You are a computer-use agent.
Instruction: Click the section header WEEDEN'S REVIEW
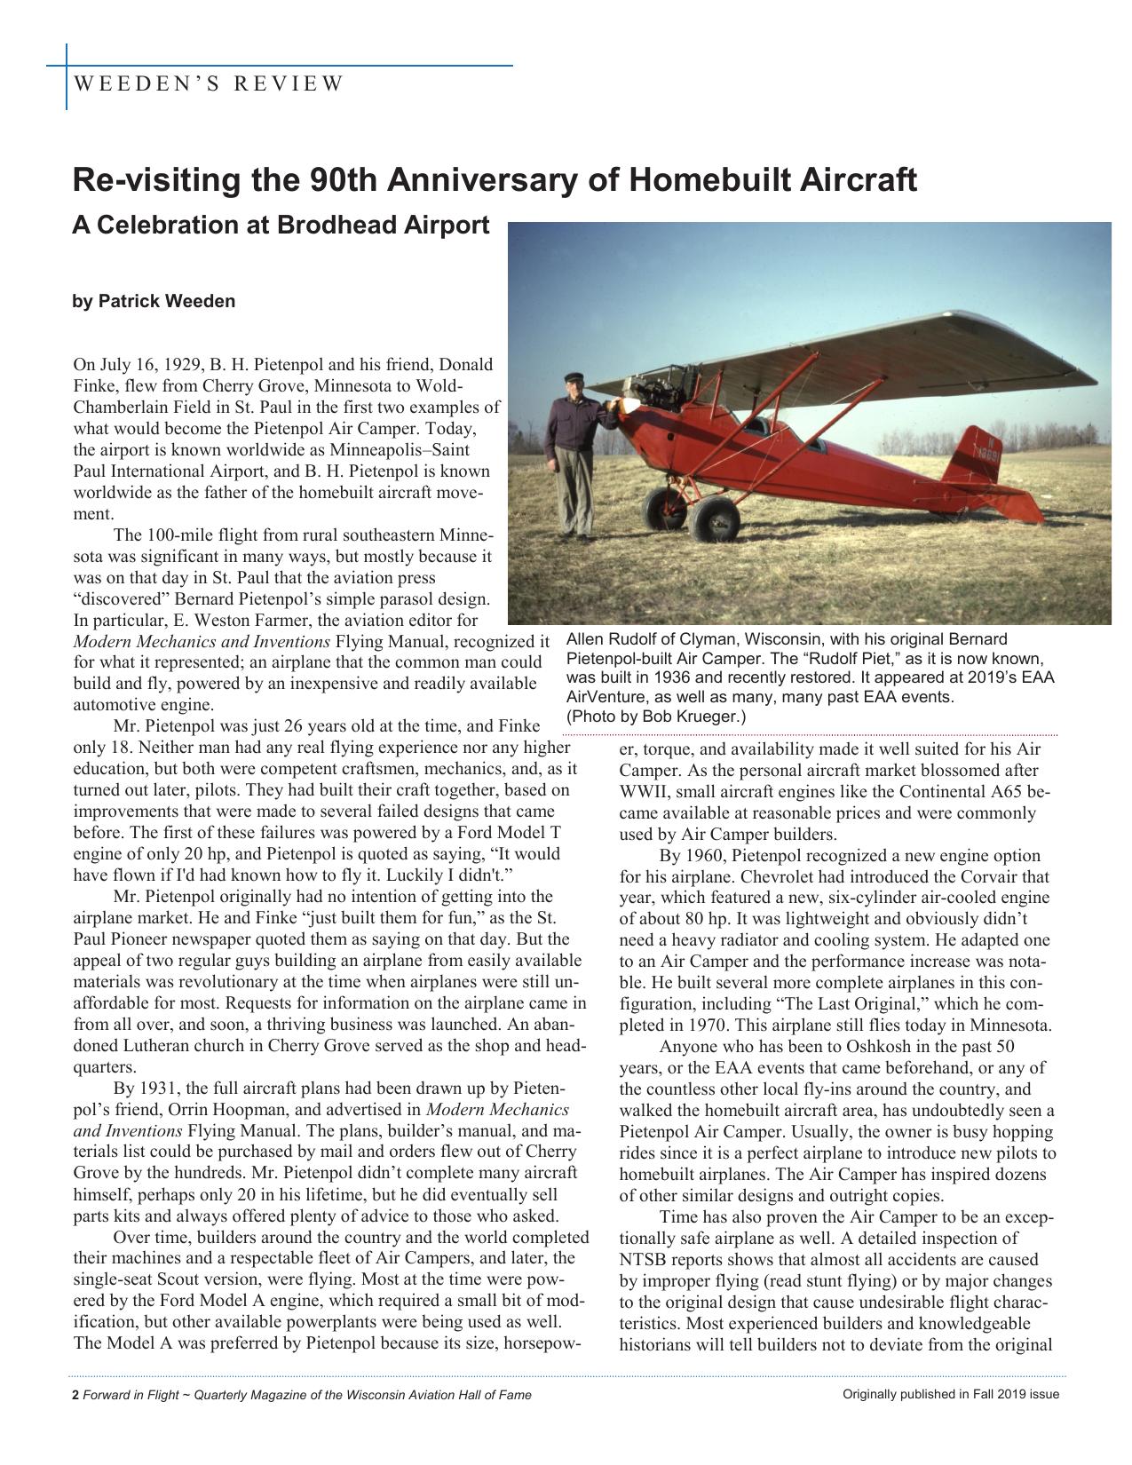click(208, 84)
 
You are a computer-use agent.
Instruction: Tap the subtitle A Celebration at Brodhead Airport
click(281, 225)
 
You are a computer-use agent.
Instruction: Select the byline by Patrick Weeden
click(154, 301)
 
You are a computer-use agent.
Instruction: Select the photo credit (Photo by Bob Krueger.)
click(656, 716)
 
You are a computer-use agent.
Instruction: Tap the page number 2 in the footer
click(75, 1394)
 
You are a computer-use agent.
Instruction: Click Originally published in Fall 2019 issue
click(950, 1394)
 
